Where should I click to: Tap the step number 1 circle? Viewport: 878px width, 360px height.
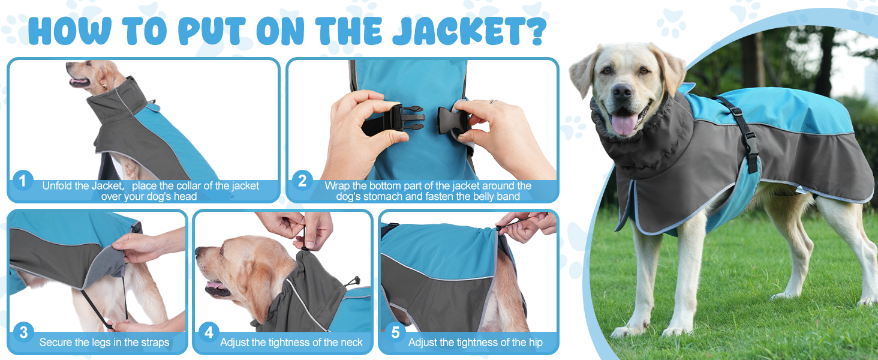[23, 181]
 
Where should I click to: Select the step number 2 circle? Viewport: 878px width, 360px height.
[302, 181]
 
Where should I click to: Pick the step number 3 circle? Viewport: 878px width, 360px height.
[23, 332]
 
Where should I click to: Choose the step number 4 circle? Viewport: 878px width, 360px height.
[209, 332]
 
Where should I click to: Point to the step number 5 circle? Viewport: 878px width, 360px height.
[395, 332]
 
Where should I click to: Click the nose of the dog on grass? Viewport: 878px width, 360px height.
[622, 91]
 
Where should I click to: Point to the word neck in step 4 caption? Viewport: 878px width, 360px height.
[350, 343]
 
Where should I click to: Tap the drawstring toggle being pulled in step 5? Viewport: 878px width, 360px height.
[500, 227]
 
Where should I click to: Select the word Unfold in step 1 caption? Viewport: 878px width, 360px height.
[58, 185]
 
